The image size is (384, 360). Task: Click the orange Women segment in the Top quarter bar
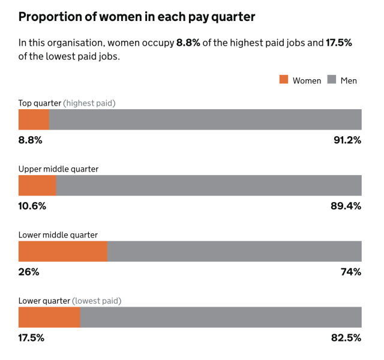(x=34, y=119)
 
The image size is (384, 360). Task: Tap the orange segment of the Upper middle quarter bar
(x=37, y=185)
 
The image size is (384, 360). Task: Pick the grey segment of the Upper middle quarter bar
(x=209, y=185)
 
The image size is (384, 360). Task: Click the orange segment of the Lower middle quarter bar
(x=63, y=251)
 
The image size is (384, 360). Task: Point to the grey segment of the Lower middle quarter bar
(x=235, y=251)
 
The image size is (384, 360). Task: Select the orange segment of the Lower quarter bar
(x=49, y=317)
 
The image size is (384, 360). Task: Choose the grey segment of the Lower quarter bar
(x=221, y=317)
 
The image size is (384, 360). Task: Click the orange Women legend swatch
(x=284, y=80)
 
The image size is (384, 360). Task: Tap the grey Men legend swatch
(x=332, y=80)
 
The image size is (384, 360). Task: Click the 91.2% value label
(x=347, y=140)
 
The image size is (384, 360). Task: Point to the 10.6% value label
(x=32, y=206)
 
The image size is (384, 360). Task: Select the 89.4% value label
(x=347, y=206)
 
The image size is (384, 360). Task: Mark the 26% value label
(x=29, y=272)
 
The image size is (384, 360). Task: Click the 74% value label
(x=351, y=272)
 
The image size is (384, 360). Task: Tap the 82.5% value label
(x=346, y=338)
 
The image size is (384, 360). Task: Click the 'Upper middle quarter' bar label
(x=58, y=169)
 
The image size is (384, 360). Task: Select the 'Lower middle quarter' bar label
(x=58, y=235)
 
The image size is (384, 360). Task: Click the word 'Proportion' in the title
(x=51, y=16)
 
